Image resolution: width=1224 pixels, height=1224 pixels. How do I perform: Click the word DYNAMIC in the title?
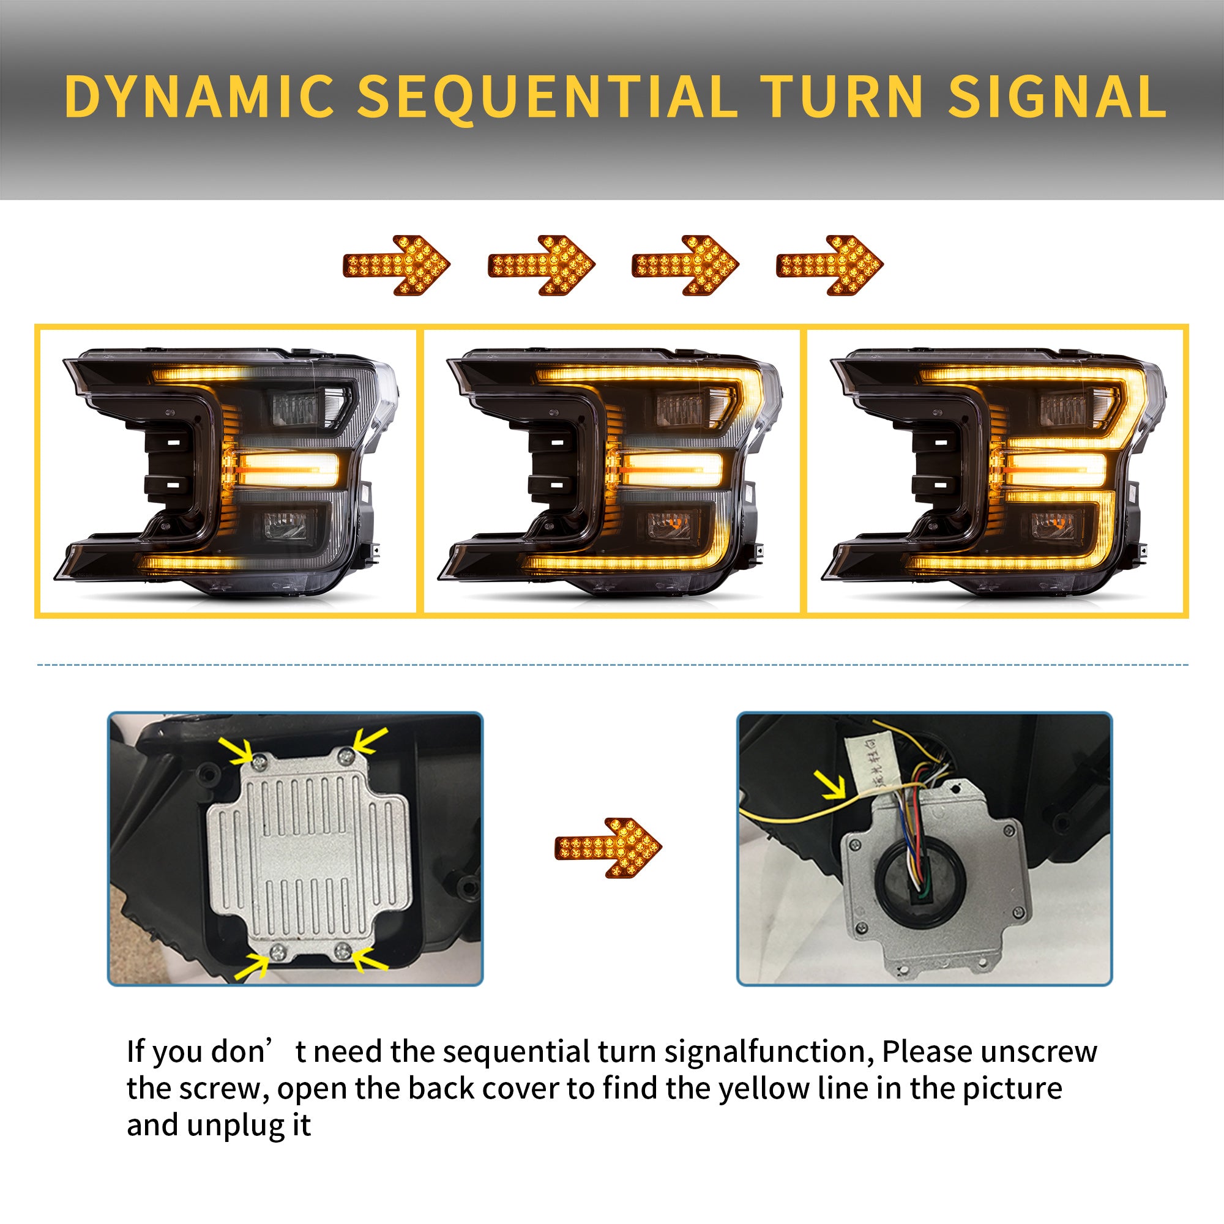click(198, 96)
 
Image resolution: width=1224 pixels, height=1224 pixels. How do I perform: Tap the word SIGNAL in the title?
click(1056, 96)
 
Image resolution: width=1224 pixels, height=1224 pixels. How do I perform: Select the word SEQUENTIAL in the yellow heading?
click(547, 96)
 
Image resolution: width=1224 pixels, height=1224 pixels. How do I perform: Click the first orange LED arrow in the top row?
click(397, 265)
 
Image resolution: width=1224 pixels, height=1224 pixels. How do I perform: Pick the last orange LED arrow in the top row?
click(829, 265)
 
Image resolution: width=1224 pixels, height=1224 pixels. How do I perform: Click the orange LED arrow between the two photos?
click(608, 848)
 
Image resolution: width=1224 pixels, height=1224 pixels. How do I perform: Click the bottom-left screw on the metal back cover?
click(277, 951)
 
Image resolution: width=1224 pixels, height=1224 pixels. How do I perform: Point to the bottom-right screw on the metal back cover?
click(343, 949)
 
